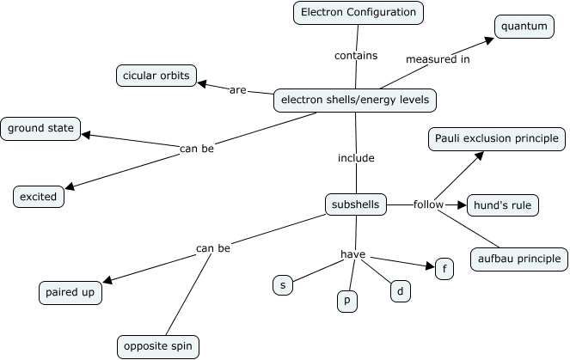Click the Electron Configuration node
click(x=359, y=12)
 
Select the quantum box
click(x=524, y=27)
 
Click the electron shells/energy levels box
click(x=355, y=101)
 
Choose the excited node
click(x=39, y=197)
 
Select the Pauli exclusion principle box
click(x=497, y=138)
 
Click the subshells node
click(x=356, y=204)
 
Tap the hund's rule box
click(x=503, y=205)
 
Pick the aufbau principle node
click(x=518, y=258)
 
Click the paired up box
click(x=70, y=292)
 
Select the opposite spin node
click(x=158, y=347)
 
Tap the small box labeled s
click(x=282, y=284)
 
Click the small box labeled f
click(x=444, y=267)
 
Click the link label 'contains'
click(x=356, y=56)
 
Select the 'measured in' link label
click(x=438, y=59)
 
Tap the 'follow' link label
click(x=427, y=204)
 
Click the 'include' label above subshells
click(x=356, y=158)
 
